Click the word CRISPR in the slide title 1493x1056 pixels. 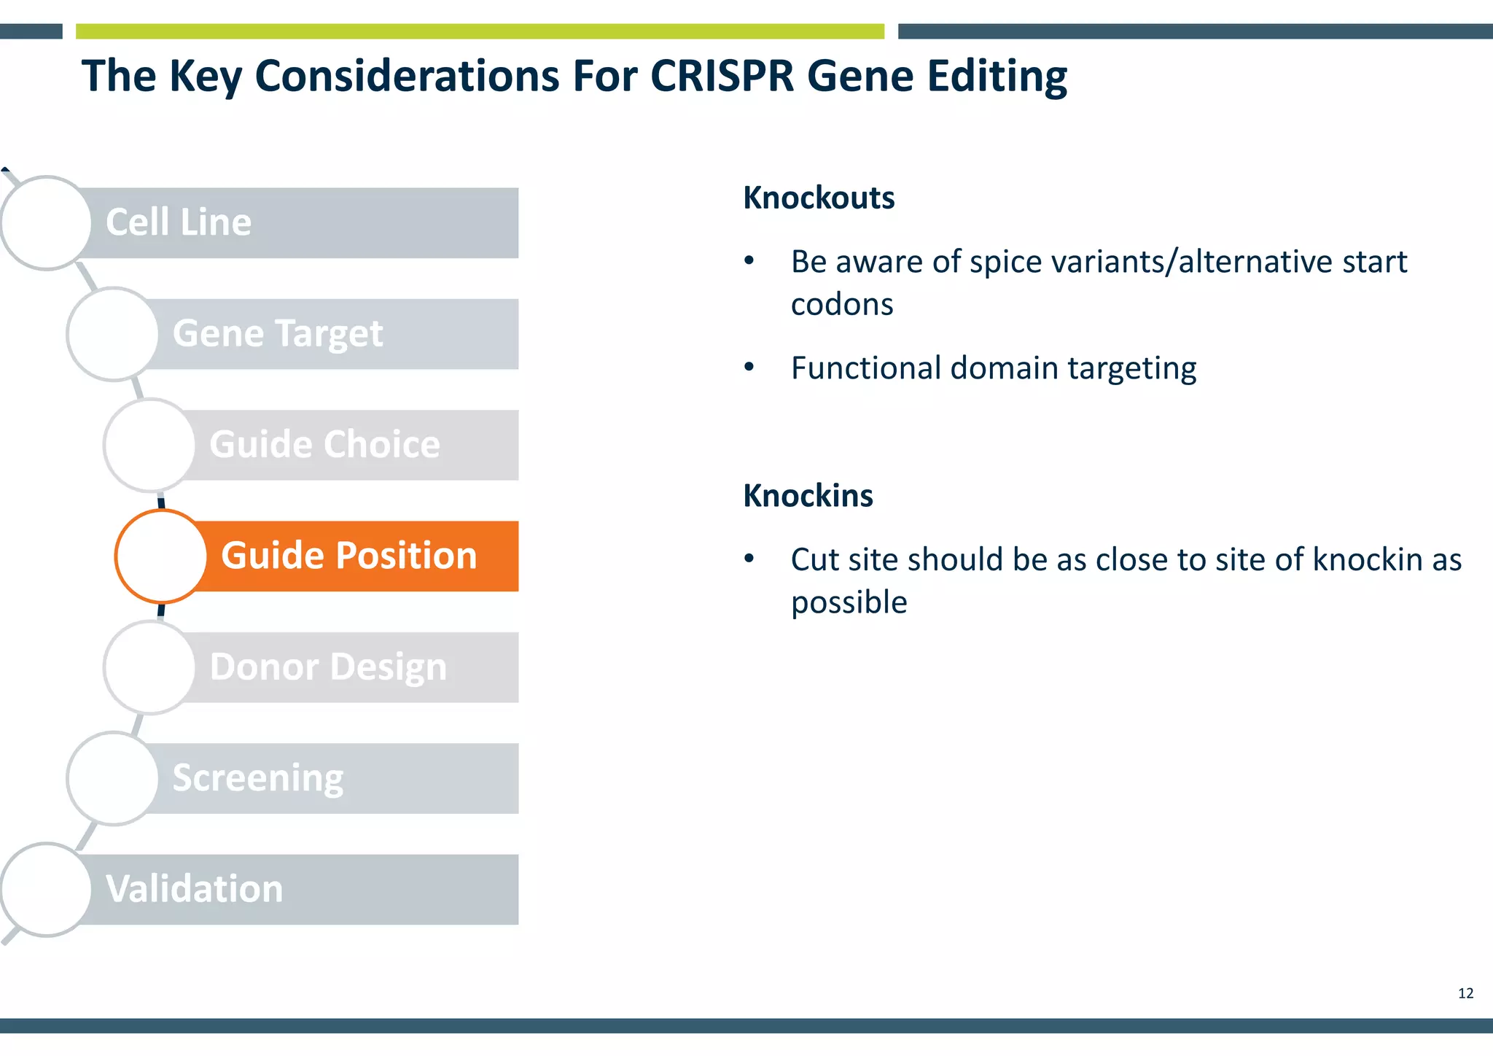click(x=721, y=76)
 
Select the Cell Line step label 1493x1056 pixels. click(x=179, y=222)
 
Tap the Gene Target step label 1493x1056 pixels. click(x=277, y=334)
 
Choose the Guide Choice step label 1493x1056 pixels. click(x=324, y=445)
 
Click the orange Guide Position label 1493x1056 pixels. click(x=348, y=556)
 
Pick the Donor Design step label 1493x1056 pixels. click(x=328, y=667)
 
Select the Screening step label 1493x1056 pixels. click(x=257, y=778)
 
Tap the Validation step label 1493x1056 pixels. click(x=194, y=889)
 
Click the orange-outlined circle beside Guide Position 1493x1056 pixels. click(x=161, y=556)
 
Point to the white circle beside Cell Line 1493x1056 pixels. click(x=46, y=223)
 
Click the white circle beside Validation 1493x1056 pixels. click(x=46, y=890)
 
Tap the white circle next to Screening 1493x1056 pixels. click(x=113, y=778)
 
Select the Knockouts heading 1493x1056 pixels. click(x=818, y=198)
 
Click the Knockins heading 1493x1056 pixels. click(x=807, y=496)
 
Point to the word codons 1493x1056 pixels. click(x=841, y=304)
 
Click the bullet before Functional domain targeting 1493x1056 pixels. click(x=749, y=367)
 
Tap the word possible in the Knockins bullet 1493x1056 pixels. click(x=849, y=603)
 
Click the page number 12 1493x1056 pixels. click(x=1465, y=993)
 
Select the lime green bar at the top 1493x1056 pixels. click(x=480, y=31)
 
